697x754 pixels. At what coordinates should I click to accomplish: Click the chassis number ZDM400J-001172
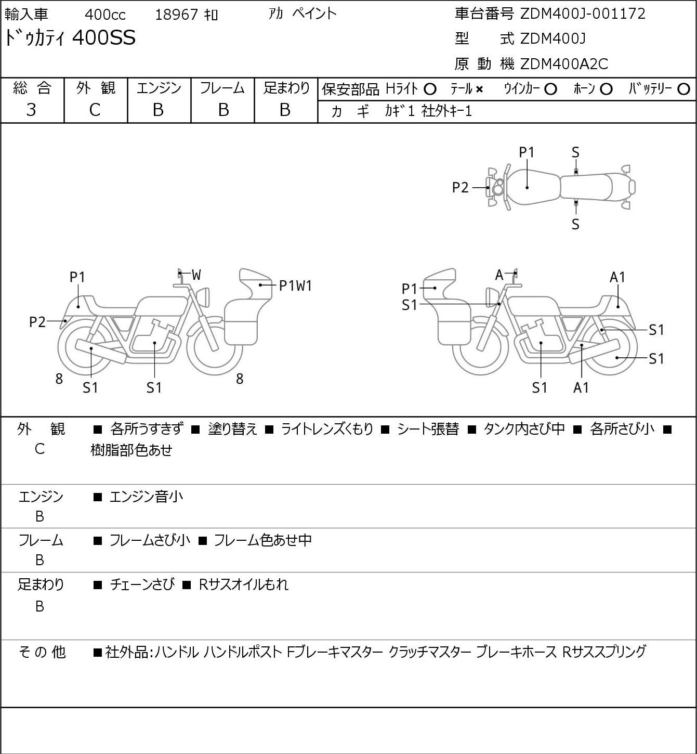point(583,14)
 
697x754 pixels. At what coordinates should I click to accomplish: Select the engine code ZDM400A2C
point(564,64)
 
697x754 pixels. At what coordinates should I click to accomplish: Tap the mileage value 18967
point(177,15)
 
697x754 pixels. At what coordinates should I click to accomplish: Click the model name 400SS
point(103,37)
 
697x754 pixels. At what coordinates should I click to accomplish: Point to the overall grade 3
point(31,110)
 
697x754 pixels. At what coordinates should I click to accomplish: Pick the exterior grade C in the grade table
point(95,110)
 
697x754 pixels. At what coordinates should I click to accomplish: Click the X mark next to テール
point(479,89)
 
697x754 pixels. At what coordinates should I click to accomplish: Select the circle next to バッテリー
point(683,89)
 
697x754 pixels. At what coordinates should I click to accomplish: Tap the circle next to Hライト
point(430,89)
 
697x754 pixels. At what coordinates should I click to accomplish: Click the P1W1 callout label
point(295,286)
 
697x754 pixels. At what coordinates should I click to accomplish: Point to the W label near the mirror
point(196,275)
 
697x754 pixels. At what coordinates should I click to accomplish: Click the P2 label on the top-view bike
point(461,188)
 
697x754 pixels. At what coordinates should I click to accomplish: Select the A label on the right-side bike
point(499,275)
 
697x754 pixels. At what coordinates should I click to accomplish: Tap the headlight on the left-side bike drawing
point(203,297)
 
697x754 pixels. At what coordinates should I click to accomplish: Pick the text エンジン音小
point(147,497)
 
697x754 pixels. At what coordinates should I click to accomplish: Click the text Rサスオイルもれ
point(243,584)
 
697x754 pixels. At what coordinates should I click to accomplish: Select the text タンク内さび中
point(524,429)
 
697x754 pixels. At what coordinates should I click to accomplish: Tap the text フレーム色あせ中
point(262,540)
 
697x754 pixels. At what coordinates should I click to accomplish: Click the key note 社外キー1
point(446,111)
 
